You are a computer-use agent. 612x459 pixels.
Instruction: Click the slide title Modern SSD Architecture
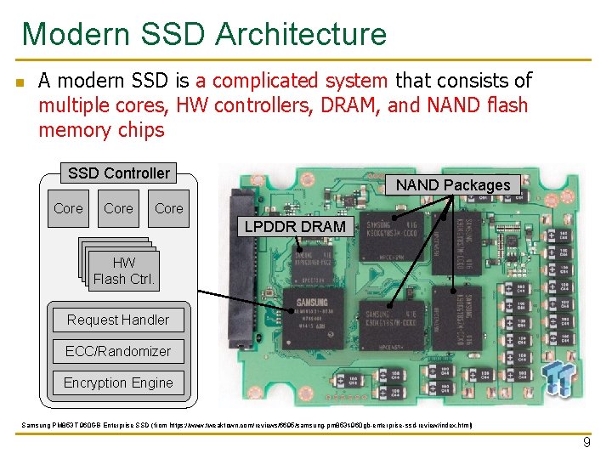(204, 35)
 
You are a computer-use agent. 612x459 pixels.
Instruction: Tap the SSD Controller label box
(119, 173)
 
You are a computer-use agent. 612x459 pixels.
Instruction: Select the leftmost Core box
(68, 208)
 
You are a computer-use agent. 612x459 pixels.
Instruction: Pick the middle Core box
(118, 208)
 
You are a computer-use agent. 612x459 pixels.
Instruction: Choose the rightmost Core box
(169, 208)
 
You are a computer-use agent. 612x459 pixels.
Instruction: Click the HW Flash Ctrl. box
(124, 271)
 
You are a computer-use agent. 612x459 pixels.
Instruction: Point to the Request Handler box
(118, 320)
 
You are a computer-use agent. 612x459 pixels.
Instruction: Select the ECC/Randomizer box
(118, 351)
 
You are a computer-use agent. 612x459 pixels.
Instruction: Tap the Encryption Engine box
(118, 382)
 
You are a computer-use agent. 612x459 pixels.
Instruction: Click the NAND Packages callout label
(453, 184)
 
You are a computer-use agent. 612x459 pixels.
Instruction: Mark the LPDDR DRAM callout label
(295, 226)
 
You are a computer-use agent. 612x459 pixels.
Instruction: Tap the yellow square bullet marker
(19, 82)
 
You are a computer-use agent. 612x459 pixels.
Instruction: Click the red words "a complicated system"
(292, 81)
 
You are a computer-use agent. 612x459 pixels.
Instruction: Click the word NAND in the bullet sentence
(465, 105)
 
